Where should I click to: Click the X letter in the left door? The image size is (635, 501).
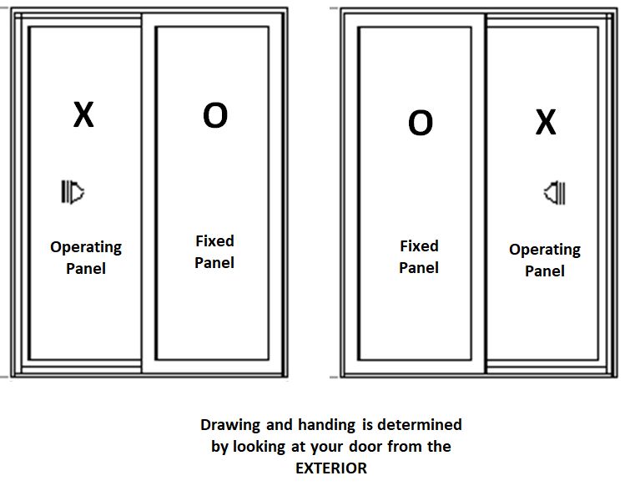point(83,114)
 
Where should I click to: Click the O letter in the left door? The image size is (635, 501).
point(215,115)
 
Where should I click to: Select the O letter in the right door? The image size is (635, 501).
point(421,122)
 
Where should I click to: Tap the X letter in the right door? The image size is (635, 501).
point(546,122)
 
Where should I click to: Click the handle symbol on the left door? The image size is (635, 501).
point(73,192)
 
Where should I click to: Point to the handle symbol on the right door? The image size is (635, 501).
point(554,193)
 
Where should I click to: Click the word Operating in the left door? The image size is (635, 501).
point(86,248)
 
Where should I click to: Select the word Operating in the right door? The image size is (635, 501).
point(545,250)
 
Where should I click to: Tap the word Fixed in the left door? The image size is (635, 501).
point(214,240)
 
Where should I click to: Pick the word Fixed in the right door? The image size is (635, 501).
point(419,245)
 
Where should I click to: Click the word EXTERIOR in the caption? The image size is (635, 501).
point(331,468)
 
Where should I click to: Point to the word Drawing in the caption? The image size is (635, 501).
point(230,425)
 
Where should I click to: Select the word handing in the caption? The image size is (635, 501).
point(327,425)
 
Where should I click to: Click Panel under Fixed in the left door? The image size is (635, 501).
point(214,263)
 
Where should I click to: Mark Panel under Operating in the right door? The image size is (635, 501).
point(545,271)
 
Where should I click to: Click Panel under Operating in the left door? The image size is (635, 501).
point(86,268)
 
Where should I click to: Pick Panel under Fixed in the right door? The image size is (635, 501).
point(419,267)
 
